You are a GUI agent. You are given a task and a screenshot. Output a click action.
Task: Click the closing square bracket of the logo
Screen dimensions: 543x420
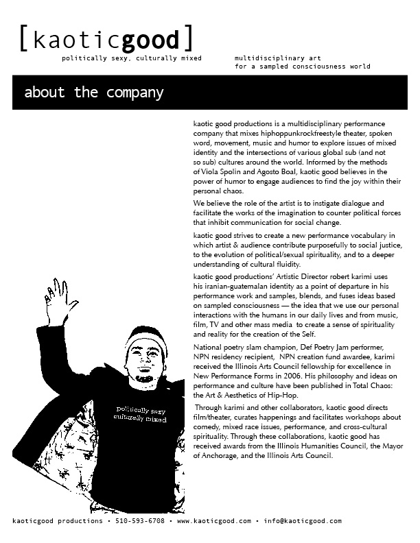coord(187,39)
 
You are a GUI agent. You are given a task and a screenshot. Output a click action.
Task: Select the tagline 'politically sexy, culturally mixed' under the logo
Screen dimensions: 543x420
coord(132,58)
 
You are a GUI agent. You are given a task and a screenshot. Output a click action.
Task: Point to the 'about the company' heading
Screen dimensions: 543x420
coord(94,93)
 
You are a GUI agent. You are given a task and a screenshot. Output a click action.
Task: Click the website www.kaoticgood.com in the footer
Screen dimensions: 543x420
coord(214,521)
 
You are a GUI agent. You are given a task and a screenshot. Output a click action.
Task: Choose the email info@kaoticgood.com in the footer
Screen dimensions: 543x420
coord(302,521)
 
